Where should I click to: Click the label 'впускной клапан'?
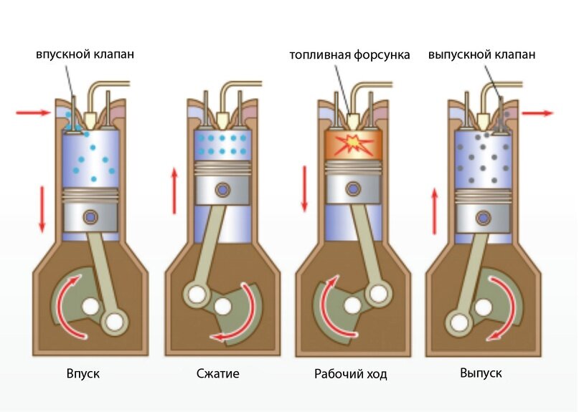pyautogui.click(x=85, y=54)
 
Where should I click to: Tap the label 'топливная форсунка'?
pyautogui.click(x=349, y=55)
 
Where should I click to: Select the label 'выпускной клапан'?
pyautogui.click(x=482, y=54)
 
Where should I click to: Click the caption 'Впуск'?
pyautogui.click(x=83, y=373)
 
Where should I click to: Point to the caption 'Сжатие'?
pyautogui.click(x=218, y=373)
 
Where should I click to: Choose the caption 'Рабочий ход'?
pyautogui.click(x=350, y=374)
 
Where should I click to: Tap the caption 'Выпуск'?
pyautogui.click(x=481, y=373)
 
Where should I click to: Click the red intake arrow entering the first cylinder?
pyautogui.click(x=33, y=112)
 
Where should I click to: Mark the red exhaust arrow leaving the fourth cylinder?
pyautogui.click(x=537, y=113)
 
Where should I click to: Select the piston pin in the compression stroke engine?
pyautogui.click(x=222, y=190)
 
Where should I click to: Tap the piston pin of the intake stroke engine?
pyautogui.click(x=90, y=217)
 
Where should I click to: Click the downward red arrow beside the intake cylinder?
pyautogui.click(x=42, y=209)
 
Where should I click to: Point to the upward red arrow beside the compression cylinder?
pyautogui.click(x=174, y=191)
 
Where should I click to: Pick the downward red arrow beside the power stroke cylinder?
pyautogui.click(x=305, y=189)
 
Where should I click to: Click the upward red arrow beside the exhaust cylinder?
pyautogui.click(x=435, y=211)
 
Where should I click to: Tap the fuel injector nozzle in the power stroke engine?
pyautogui.click(x=353, y=120)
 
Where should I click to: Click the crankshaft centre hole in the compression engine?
pyautogui.click(x=222, y=306)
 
